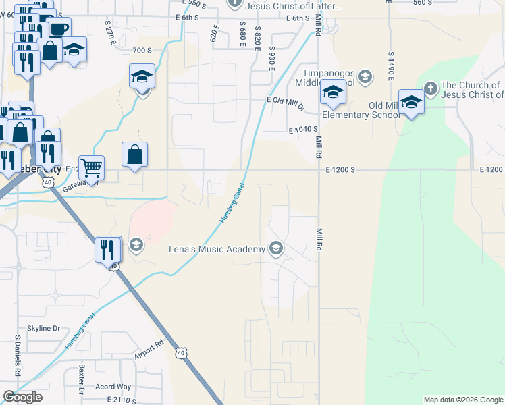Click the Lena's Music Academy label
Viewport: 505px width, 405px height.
click(x=217, y=250)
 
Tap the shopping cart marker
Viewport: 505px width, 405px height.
click(x=91, y=166)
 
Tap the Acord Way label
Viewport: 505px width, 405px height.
click(x=113, y=387)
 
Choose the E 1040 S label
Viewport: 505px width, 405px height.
click(x=302, y=129)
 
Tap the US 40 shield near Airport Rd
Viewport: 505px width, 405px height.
click(x=180, y=352)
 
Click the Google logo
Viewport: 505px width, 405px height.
click(x=22, y=397)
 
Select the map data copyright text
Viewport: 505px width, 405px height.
click(x=462, y=400)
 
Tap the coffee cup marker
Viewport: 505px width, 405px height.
click(x=59, y=29)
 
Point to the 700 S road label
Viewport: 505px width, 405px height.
click(x=142, y=51)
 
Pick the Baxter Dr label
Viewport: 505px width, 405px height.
click(x=82, y=380)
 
